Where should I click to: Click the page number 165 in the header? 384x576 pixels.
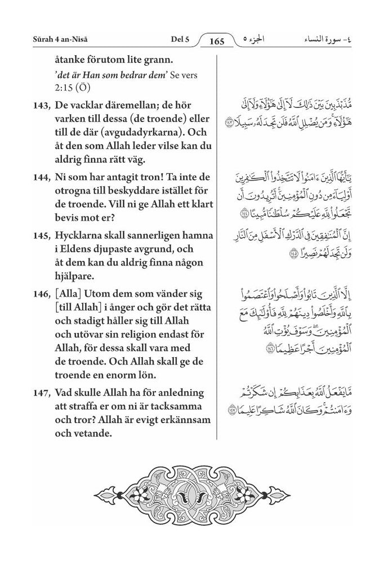(x=216, y=41)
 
